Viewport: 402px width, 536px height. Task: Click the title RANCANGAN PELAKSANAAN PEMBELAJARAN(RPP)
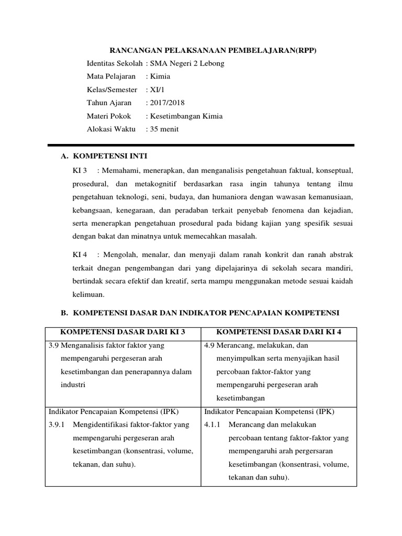pyautogui.click(x=213, y=50)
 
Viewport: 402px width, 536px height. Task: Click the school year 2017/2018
pyautogui.click(x=167, y=103)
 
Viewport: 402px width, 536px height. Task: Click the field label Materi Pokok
pyautogui.click(x=109, y=116)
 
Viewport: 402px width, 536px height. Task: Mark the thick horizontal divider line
pyautogui.click(x=201, y=144)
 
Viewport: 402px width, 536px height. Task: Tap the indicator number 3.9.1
pyautogui.click(x=56, y=425)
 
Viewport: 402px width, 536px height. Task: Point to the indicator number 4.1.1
pyautogui.click(x=212, y=425)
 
